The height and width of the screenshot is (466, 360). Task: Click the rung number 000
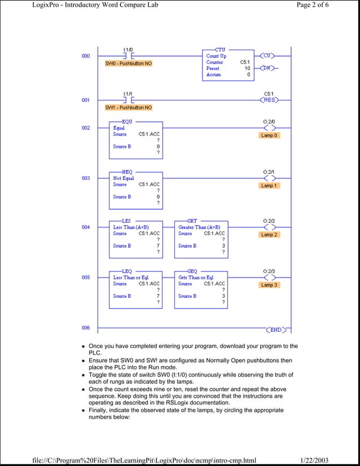pos(85,56)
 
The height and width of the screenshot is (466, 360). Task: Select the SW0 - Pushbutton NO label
pos(128,64)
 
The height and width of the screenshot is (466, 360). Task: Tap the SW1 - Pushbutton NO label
pos(128,107)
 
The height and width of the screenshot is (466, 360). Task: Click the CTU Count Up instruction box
pos(226,64)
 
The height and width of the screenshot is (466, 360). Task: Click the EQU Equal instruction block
pos(135,139)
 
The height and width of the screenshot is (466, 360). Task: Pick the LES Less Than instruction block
pos(135,239)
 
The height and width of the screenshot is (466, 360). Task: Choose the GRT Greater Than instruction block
pos(201,239)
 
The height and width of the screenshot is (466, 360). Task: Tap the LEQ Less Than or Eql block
pos(135,289)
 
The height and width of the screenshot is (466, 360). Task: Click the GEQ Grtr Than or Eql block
pos(201,289)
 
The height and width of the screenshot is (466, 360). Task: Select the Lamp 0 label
pos(269,135)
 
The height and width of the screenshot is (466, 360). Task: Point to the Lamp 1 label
pos(269,186)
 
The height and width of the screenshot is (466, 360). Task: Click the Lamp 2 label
pos(269,235)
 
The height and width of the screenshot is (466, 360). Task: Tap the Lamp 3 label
pos(269,285)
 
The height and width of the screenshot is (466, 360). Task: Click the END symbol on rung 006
pos(275,329)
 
